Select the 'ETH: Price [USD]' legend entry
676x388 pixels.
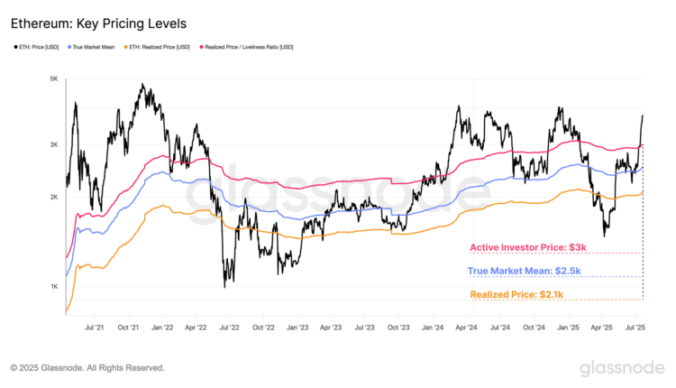41,47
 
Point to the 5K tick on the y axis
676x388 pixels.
53,79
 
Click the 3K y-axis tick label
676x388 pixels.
53,144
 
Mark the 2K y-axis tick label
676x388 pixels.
53,197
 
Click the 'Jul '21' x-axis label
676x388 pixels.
95,328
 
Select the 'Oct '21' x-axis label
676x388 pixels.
128,328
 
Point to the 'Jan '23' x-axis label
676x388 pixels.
297,328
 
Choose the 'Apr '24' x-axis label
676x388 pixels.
466,328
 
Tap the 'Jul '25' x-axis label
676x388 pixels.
635,328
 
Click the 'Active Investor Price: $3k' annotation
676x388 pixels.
528,247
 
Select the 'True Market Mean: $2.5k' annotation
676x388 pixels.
524,271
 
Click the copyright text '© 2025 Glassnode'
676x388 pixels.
87,368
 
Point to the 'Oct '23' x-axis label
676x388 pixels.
398,328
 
